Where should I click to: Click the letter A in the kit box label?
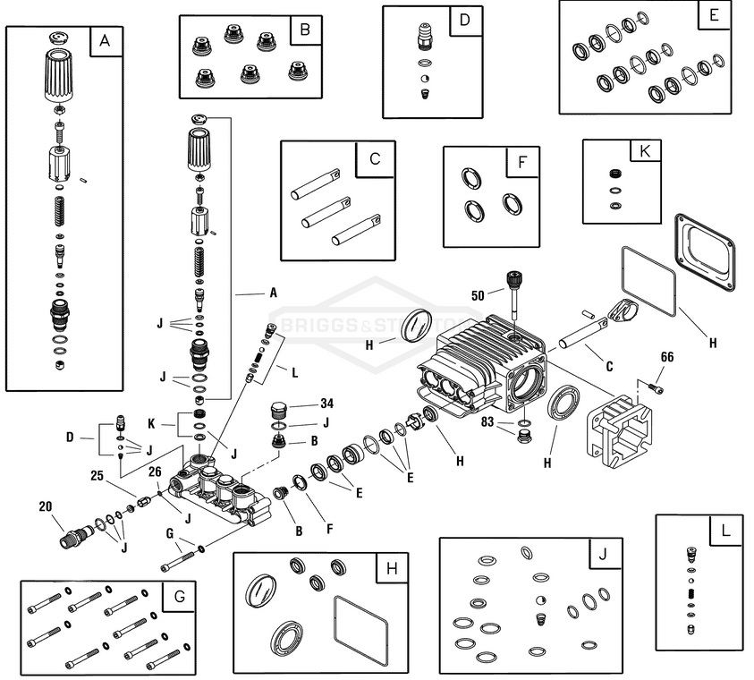pos(106,41)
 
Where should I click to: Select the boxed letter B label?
pos(305,30)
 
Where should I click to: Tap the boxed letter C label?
pos(375,158)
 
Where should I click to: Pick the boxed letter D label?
pos(464,20)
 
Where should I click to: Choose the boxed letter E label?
pos(712,15)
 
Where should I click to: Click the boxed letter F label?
pos(521,164)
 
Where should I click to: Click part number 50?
pos(478,294)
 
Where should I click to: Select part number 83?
pos(487,421)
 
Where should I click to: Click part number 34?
pos(327,404)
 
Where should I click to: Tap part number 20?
pos(46,506)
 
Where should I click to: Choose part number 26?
pos(154,472)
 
